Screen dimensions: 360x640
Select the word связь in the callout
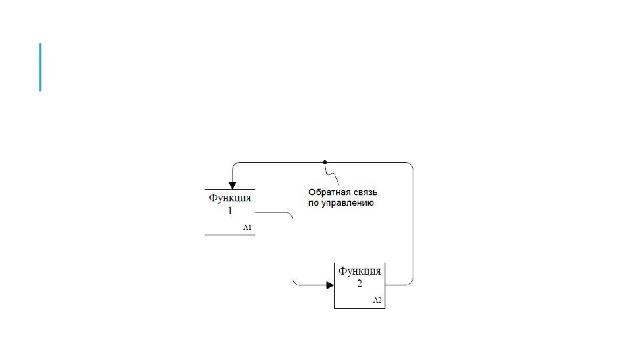[x=363, y=192]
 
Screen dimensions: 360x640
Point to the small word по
[x=313, y=203]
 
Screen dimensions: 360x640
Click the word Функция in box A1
[x=230, y=198]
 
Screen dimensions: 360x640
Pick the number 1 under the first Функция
[x=230, y=211]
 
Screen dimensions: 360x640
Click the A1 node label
[x=247, y=228]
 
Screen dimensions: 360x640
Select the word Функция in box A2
[x=360, y=271]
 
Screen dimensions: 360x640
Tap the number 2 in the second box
[x=360, y=283]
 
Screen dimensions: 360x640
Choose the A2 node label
[x=377, y=301]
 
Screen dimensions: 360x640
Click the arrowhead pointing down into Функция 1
[x=231, y=183]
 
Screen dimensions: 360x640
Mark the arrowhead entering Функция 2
[x=329, y=285]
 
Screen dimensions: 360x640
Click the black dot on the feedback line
[x=325, y=162]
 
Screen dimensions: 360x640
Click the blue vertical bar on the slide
[x=41, y=67]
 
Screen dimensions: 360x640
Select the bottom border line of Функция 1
[x=229, y=235]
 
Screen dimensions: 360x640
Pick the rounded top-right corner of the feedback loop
[x=411, y=165]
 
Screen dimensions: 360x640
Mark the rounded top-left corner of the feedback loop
[x=233, y=165]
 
